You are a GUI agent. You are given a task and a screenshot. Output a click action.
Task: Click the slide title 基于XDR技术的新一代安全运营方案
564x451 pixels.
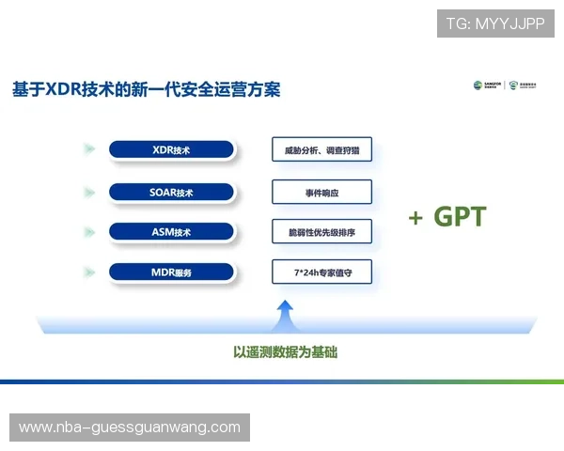[x=146, y=90]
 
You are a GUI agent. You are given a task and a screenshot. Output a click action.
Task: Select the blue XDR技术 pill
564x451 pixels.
[x=170, y=149]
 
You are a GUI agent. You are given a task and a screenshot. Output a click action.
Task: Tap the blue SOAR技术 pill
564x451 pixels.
[x=170, y=193]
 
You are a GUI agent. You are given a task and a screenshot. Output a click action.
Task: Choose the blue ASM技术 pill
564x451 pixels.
[x=170, y=231]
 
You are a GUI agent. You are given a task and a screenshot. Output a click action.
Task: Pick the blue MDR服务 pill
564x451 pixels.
[x=170, y=272]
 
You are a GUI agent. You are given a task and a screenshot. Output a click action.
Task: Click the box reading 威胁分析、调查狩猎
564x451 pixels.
[x=321, y=149]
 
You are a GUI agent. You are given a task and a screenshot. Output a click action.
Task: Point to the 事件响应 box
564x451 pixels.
[x=321, y=192]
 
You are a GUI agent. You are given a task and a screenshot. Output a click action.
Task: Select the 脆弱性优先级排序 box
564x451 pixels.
[x=321, y=231]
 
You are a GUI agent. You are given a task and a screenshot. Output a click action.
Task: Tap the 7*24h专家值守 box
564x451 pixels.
[x=321, y=272]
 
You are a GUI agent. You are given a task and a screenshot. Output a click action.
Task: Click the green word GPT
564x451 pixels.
[x=460, y=217]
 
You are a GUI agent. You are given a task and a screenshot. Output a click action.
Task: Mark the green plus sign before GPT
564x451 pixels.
[x=415, y=218]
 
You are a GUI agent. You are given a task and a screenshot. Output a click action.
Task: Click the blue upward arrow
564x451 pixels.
[x=286, y=314]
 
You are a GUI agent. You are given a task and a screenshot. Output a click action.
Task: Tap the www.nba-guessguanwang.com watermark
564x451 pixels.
[x=131, y=428]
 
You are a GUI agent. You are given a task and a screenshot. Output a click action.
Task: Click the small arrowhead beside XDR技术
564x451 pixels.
[x=88, y=149]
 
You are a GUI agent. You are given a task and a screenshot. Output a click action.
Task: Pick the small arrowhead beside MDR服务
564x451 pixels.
[x=88, y=272]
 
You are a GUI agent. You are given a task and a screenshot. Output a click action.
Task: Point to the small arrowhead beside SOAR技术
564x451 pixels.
[x=88, y=193]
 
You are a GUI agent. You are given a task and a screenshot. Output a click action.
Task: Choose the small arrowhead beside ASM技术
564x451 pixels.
[x=88, y=231]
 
